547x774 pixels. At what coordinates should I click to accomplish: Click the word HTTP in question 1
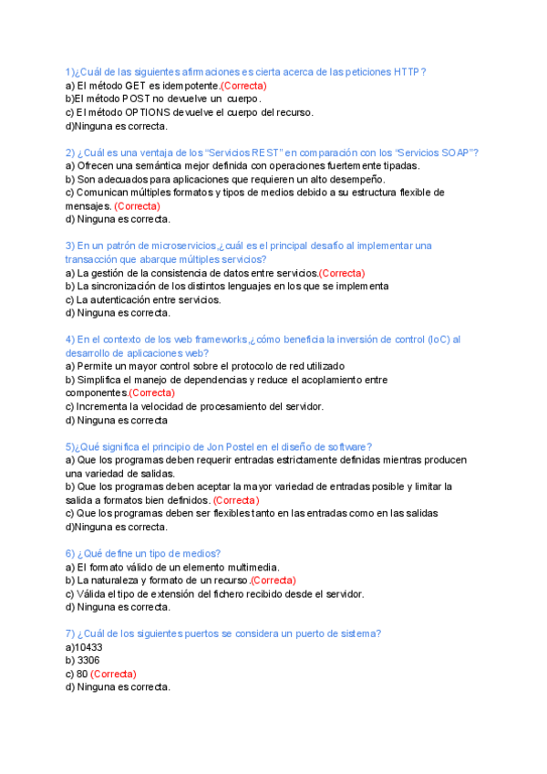pos(409,71)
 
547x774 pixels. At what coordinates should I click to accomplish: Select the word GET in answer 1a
pos(137,85)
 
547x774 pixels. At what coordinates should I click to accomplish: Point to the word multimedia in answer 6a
pos(254,567)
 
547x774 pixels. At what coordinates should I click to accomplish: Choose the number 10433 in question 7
pos(89,647)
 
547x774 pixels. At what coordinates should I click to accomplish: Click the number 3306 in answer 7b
pos(89,660)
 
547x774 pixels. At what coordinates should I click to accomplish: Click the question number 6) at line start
pos(70,553)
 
